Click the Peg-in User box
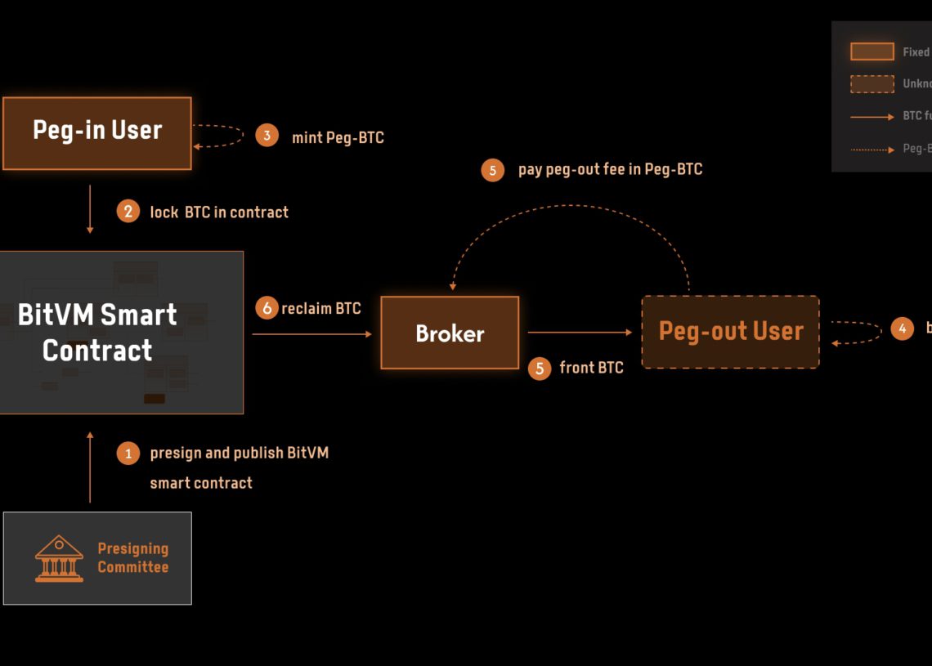pyautogui.click(x=96, y=133)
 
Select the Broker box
pyautogui.click(x=450, y=333)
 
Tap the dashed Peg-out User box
pyautogui.click(x=730, y=332)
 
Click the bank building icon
pyautogui.click(x=59, y=558)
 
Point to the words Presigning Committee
pyautogui.click(x=132, y=558)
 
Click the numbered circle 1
pyautogui.click(x=128, y=453)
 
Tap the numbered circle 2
pyautogui.click(x=128, y=212)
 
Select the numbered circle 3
pyautogui.click(x=267, y=136)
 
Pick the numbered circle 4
pyautogui.click(x=902, y=329)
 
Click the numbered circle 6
pyautogui.click(x=267, y=308)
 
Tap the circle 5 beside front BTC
pyautogui.click(x=539, y=369)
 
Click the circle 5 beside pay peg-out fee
pyautogui.click(x=492, y=170)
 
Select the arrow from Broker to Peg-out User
pyautogui.click(x=580, y=333)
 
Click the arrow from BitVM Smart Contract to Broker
pyautogui.click(x=311, y=334)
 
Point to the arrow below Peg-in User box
pyautogui.click(x=90, y=209)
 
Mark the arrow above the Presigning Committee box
pyautogui.click(x=90, y=467)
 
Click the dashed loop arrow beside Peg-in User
pyautogui.click(x=219, y=136)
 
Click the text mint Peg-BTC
pyautogui.click(x=338, y=137)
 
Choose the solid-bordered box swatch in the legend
pyautogui.click(x=872, y=51)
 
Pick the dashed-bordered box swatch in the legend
pyautogui.click(x=872, y=83)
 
